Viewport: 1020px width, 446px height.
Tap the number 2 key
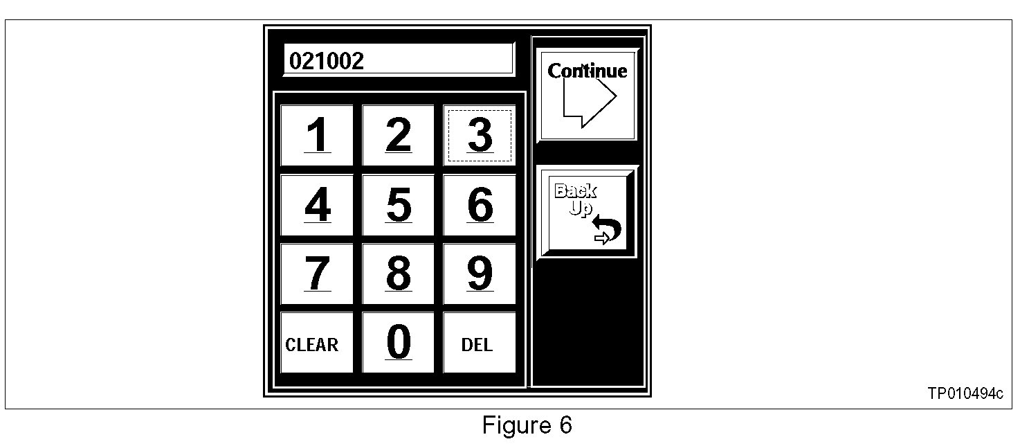point(398,136)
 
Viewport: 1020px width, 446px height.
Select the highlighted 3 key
point(480,136)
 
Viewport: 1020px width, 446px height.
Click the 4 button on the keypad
point(317,205)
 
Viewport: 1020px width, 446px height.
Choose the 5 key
point(398,205)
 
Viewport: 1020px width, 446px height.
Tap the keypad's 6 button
point(480,205)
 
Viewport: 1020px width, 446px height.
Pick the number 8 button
point(398,274)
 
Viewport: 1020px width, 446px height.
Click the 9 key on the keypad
point(480,274)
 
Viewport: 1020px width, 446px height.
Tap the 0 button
point(398,343)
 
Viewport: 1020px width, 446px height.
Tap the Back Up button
point(587,213)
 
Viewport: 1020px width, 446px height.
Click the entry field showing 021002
point(399,60)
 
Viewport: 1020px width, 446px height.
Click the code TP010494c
point(965,394)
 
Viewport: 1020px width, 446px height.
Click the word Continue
point(588,71)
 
